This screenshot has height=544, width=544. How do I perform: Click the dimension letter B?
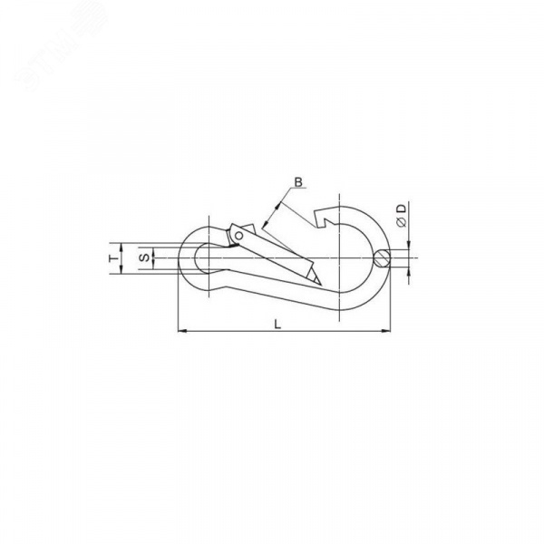[x=298, y=181]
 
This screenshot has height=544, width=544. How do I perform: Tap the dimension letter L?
[x=277, y=325]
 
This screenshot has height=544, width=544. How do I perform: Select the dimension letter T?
[x=112, y=258]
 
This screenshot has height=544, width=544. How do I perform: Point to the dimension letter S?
[x=146, y=257]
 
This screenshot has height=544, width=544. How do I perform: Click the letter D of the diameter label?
[x=402, y=209]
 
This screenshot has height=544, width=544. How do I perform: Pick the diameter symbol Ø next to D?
[x=402, y=222]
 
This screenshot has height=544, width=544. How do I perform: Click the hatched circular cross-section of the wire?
[x=383, y=258]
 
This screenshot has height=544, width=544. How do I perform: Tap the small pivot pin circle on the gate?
[x=238, y=236]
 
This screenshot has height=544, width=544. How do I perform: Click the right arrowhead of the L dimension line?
[x=386, y=331]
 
